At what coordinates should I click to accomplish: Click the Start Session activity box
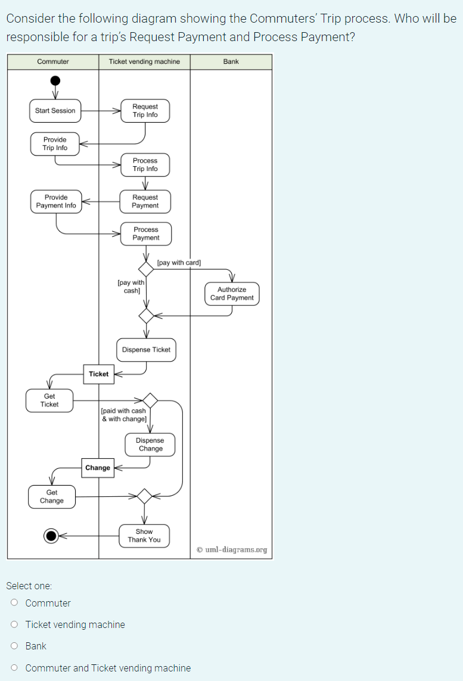click(x=55, y=111)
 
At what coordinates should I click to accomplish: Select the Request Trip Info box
click(x=145, y=111)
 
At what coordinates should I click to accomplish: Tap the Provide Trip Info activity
click(x=55, y=144)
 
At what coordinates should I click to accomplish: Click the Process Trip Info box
click(x=145, y=165)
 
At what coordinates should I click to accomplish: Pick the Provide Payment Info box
click(x=56, y=201)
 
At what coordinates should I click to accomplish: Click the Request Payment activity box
click(x=145, y=201)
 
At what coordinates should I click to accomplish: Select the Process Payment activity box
click(x=146, y=234)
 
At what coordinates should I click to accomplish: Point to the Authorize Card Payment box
click(x=232, y=294)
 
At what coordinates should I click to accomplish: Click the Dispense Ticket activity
click(x=146, y=350)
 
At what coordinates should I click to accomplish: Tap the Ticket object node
click(x=99, y=374)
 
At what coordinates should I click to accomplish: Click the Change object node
click(x=98, y=468)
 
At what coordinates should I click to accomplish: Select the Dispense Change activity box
click(x=150, y=444)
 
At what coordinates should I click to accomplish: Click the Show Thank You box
click(x=144, y=536)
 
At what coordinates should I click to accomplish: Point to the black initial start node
click(x=55, y=80)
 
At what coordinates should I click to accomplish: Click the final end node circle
click(x=52, y=536)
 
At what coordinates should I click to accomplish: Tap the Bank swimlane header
click(x=231, y=62)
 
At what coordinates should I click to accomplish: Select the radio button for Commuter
click(x=14, y=603)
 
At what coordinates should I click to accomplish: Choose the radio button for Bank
click(x=14, y=646)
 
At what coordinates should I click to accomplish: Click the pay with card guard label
click(x=179, y=263)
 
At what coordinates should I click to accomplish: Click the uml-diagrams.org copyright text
click(x=232, y=550)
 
